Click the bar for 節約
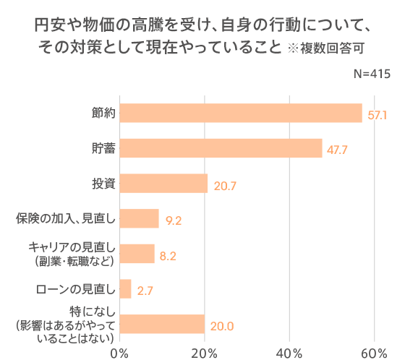pos(240,113)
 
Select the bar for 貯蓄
pos(221,148)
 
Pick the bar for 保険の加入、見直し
pos(139,218)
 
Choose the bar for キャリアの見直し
pos(137,254)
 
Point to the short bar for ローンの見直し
pos(125,289)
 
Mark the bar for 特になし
pos(162,324)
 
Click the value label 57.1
pos(378,115)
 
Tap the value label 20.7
pos(225,186)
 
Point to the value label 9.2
pos(173,220)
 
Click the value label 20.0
pos(221,326)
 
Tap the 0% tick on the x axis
pos(119,352)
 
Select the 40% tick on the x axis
pos(289,352)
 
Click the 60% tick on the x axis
pos(375,352)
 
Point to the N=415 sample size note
pos(372,74)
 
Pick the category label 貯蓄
pos(103,148)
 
